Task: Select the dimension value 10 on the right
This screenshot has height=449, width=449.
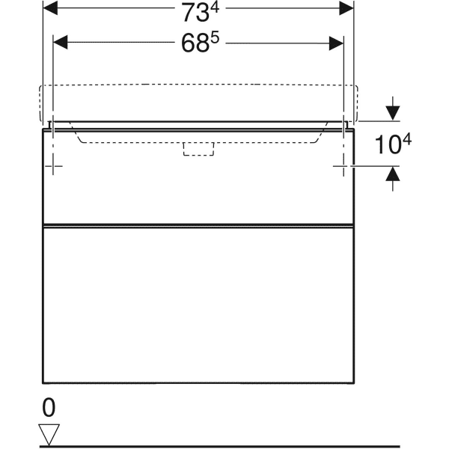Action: point(385,146)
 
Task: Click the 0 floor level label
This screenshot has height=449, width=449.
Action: point(49,408)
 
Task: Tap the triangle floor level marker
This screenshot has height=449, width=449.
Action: point(49,433)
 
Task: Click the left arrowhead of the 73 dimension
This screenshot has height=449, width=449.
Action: point(50,8)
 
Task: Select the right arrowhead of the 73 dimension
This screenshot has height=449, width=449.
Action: point(346,8)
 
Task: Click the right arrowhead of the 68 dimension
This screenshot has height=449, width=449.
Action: point(337,43)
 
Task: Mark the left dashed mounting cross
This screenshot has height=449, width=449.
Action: point(53,165)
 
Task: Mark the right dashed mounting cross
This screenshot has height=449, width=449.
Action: point(342,165)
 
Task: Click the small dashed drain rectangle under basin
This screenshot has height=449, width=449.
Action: point(198,149)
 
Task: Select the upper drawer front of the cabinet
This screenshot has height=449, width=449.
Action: point(198,187)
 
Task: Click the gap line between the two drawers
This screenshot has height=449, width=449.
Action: point(198,224)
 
